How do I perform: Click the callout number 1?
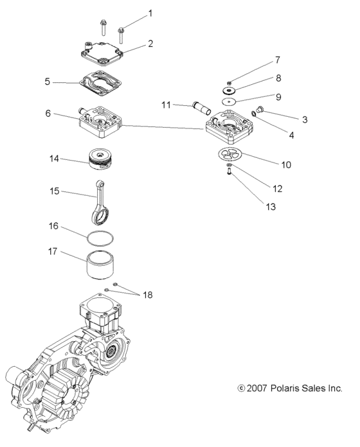150,13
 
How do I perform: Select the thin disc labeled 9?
230,101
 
